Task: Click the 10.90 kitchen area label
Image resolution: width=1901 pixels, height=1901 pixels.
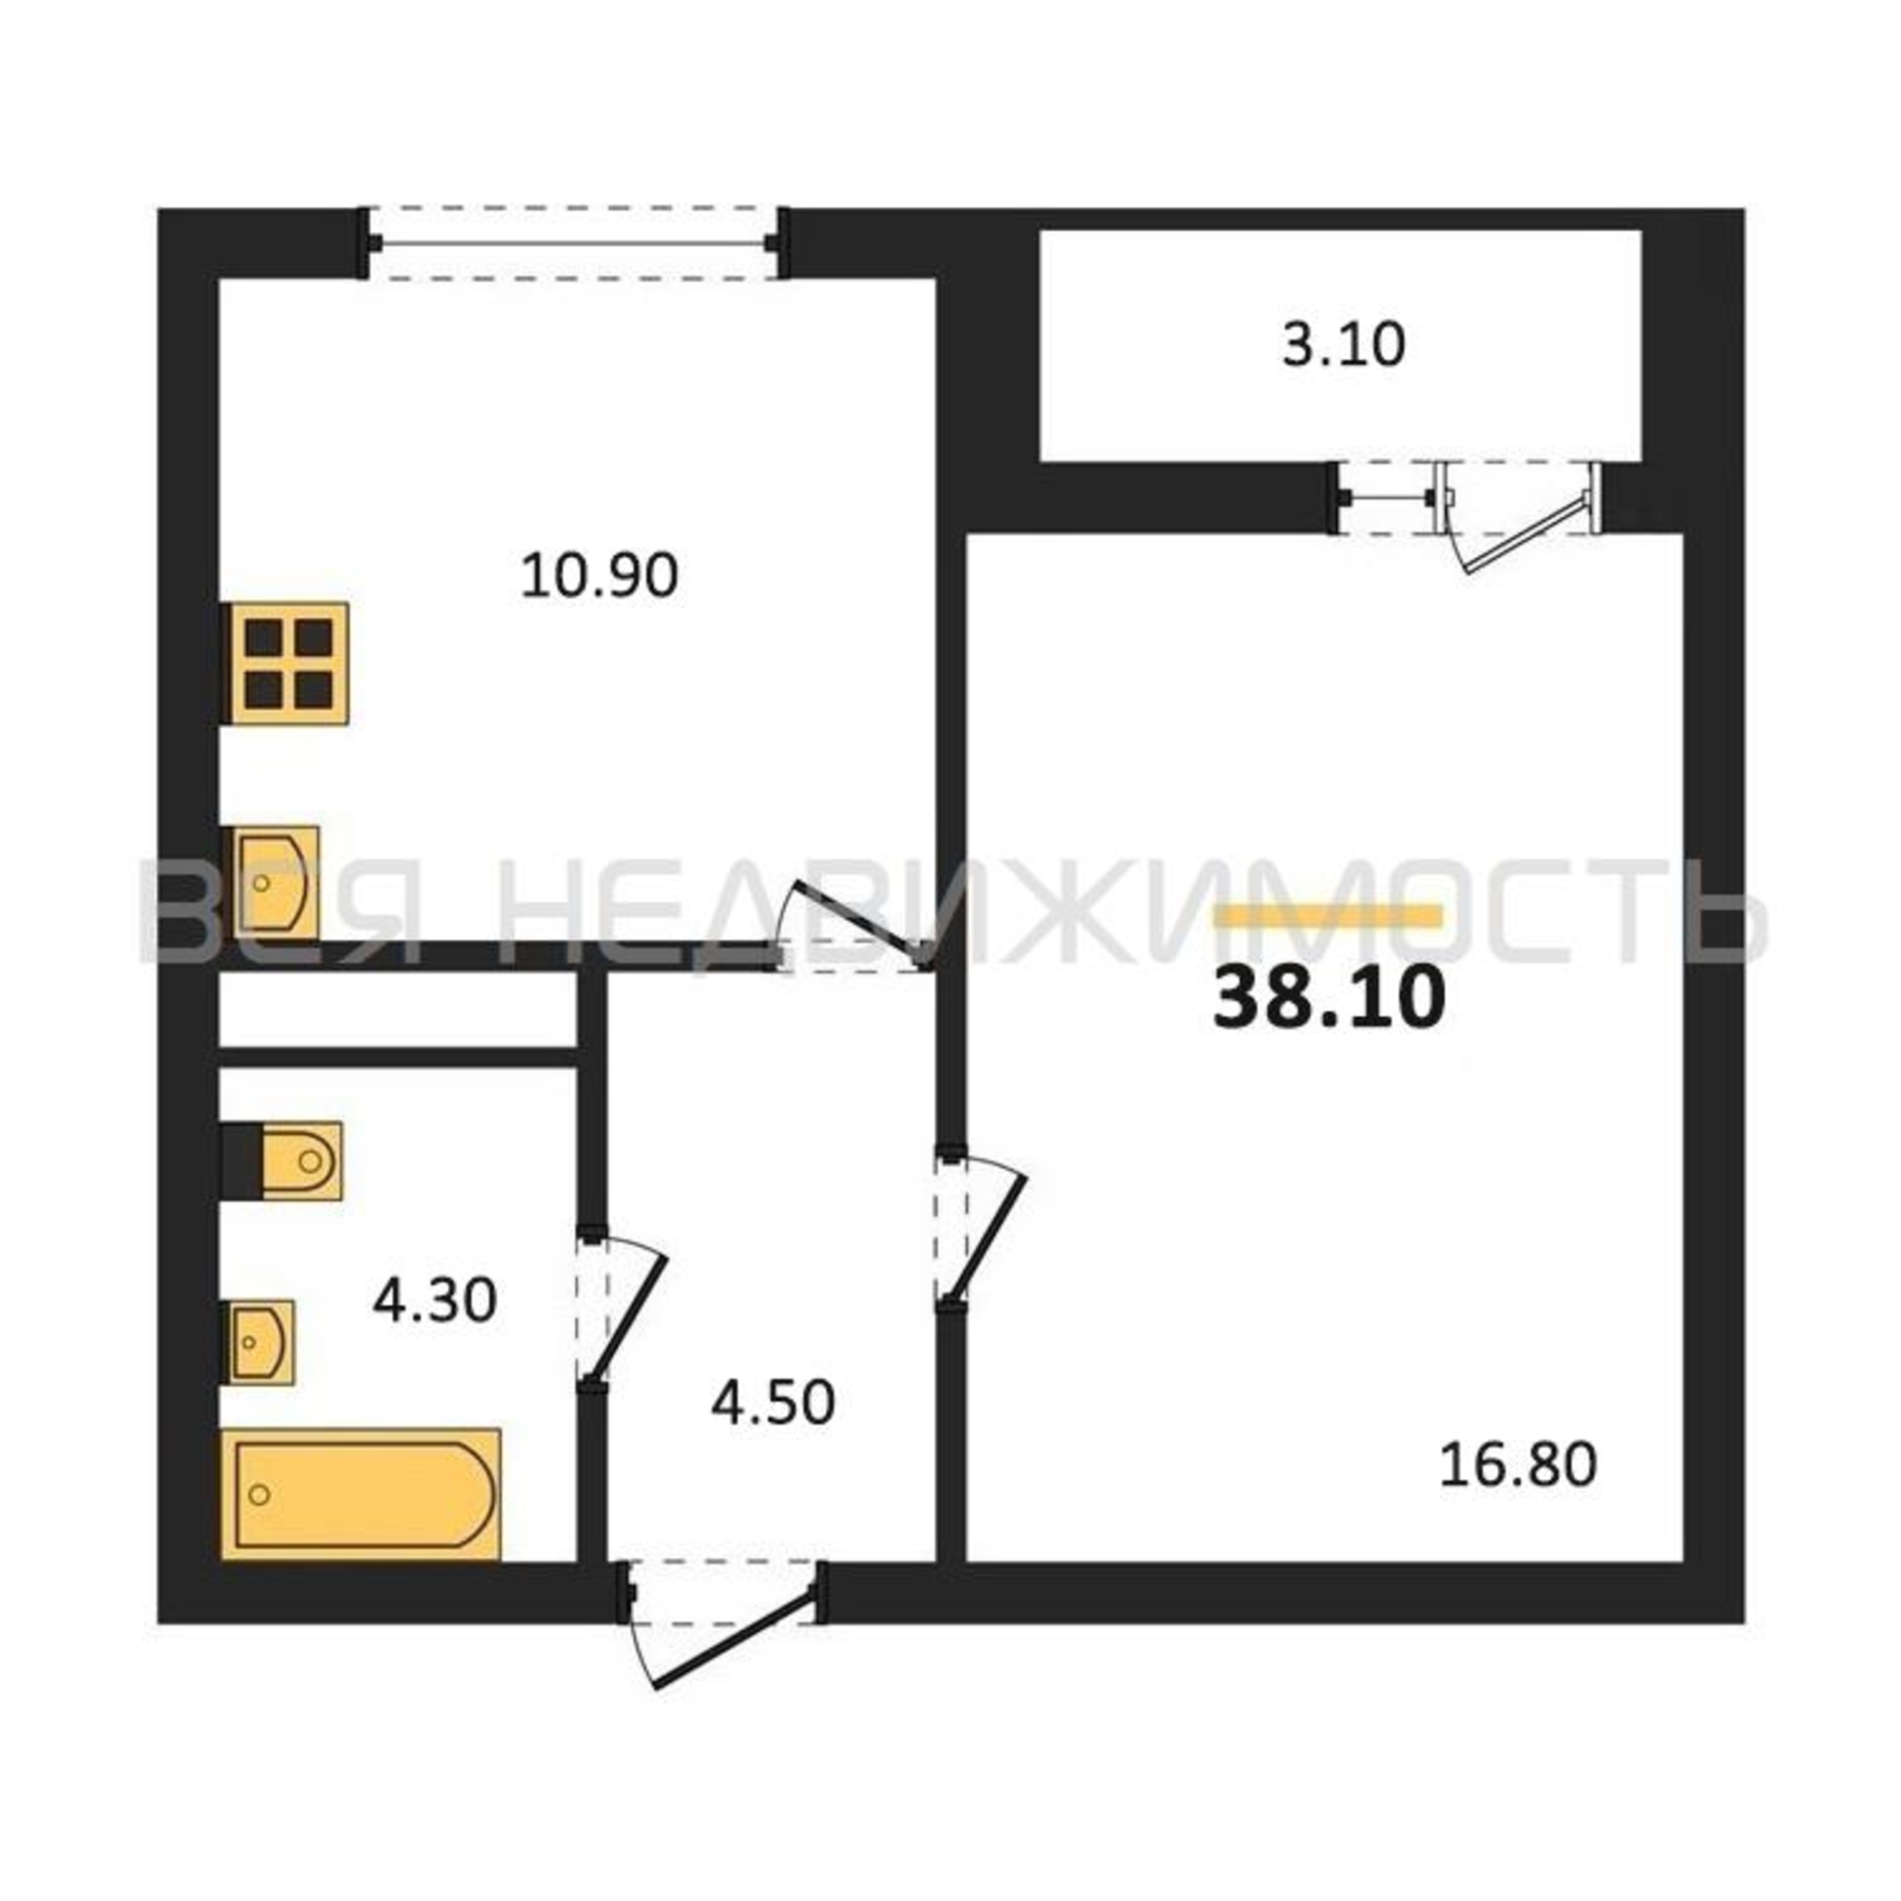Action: pos(599,576)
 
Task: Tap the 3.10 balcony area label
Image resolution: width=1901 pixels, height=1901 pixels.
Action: pos(1343,345)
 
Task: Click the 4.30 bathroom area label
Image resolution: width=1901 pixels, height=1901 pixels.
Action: pos(435,1301)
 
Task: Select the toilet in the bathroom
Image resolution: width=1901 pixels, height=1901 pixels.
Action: pos(282,1162)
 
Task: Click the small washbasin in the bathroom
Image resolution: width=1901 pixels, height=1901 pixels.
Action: pos(259,1342)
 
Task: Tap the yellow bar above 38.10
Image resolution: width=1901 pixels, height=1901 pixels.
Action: pos(1330,916)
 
